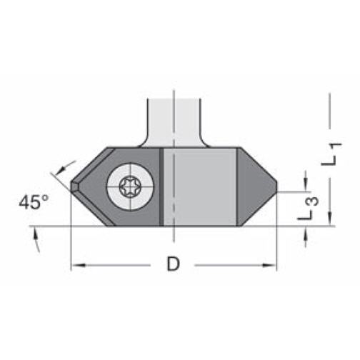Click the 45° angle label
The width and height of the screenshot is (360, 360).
pos(34,202)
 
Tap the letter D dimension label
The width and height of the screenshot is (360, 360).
pos(173,264)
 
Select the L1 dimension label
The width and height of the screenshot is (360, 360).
pos(331,154)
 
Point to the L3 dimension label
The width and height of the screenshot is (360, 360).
pos(309,209)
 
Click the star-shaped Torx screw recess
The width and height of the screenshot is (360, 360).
pos(130,186)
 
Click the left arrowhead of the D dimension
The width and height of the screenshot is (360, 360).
pos(78,265)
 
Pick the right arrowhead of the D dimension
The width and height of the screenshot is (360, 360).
pos(269,265)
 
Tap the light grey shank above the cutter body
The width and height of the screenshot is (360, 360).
pos(174,123)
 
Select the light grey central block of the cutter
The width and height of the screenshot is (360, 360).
pos(200,186)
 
